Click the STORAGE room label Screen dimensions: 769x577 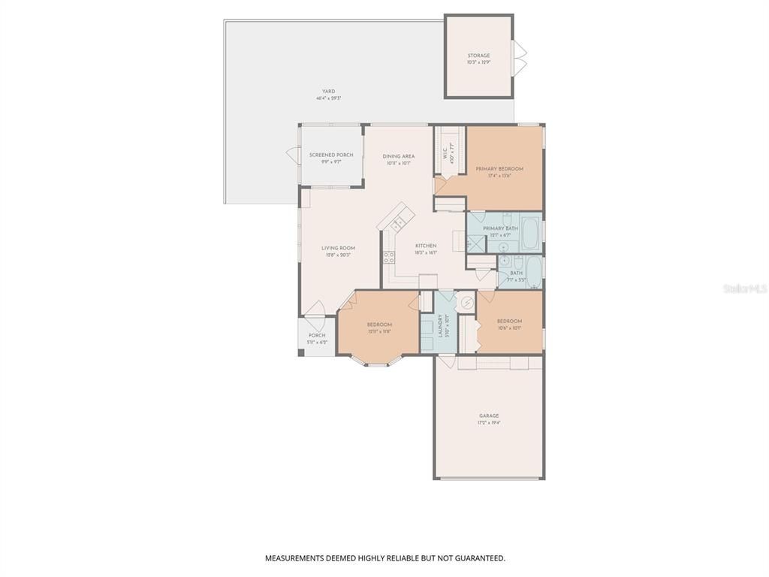coord(478,56)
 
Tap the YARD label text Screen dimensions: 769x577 coord(328,92)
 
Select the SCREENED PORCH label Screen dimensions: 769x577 coord(331,155)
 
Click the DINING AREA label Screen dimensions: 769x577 coord(399,156)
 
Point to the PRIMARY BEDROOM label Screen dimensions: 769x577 coord(499,169)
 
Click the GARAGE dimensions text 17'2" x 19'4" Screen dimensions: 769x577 coord(489,423)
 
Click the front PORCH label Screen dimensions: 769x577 coord(317,335)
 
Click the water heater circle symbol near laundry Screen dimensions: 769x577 coord(467,303)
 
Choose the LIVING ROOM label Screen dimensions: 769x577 coord(338,248)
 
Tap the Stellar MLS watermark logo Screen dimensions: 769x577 coord(743,288)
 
